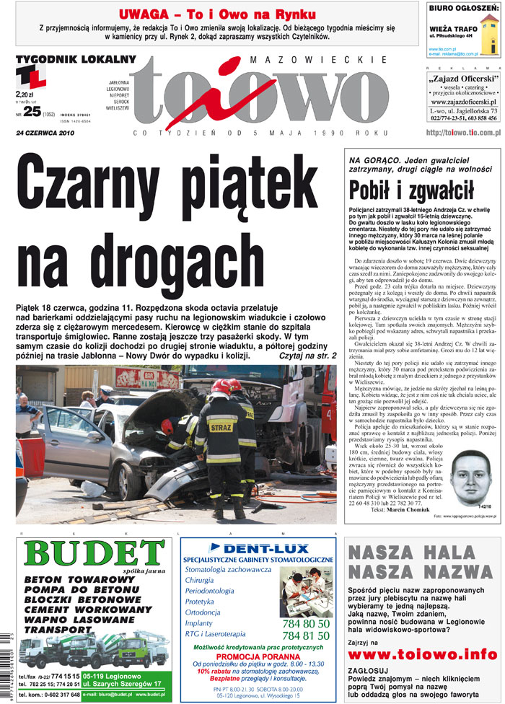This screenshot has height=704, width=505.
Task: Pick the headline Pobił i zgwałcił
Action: coord(412,189)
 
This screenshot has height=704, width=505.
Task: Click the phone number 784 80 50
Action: coord(306,623)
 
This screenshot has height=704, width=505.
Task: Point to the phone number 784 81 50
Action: coord(306,635)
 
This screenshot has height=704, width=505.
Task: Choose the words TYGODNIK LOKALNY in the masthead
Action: coord(75,58)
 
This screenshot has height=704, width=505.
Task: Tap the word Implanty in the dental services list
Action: coord(198,622)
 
